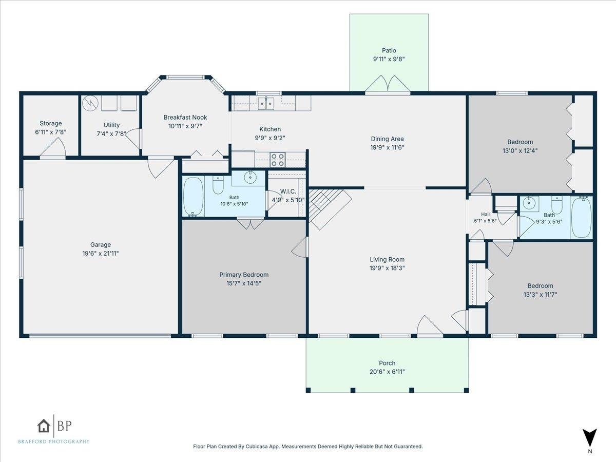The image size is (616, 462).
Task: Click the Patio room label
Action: (x=389, y=50)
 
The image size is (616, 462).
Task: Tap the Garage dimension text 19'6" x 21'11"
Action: (x=101, y=254)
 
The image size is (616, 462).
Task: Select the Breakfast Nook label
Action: (x=185, y=117)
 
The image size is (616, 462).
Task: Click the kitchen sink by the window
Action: (x=266, y=104)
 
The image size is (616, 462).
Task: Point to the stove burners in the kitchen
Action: (x=278, y=160)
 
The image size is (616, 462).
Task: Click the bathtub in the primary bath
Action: (x=193, y=197)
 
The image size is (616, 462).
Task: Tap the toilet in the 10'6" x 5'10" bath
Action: (x=218, y=185)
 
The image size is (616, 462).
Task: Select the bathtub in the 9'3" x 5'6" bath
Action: (x=582, y=217)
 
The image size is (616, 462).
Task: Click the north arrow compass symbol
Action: (x=590, y=438)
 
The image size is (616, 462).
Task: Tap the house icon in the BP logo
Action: (x=44, y=426)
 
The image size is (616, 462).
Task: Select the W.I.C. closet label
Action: (x=288, y=191)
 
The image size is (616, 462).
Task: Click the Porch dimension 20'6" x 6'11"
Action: (x=387, y=372)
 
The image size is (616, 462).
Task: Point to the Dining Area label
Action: (x=387, y=139)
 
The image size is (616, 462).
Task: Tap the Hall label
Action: (x=485, y=214)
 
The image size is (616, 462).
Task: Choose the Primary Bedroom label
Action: (x=244, y=275)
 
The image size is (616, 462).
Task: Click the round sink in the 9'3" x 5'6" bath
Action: (x=529, y=203)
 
